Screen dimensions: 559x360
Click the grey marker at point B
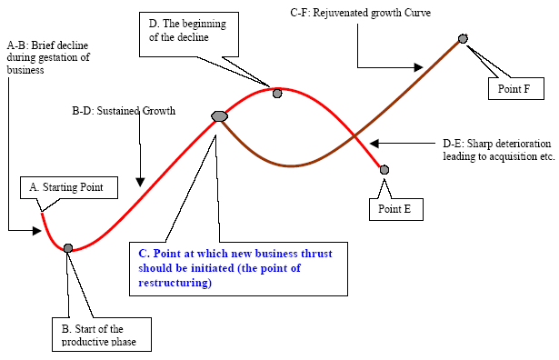click(x=68, y=248)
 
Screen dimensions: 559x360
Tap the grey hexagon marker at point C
click(x=219, y=116)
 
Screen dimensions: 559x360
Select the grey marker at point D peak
click(x=277, y=94)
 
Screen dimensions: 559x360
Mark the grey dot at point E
click(x=384, y=170)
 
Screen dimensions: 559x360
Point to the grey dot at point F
click(x=463, y=38)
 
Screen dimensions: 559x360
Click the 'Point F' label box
click(x=516, y=88)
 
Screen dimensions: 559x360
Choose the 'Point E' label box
click(x=396, y=209)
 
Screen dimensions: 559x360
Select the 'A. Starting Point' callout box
click(x=69, y=187)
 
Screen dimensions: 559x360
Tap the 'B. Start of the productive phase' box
click(x=102, y=335)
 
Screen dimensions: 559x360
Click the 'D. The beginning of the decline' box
click(x=188, y=35)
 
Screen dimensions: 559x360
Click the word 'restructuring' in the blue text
click(x=175, y=283)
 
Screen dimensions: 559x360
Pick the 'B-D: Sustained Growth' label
click(x=124, y=111)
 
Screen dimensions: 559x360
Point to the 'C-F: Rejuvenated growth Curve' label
click(x=361, y=13)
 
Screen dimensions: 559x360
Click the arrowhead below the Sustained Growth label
click(x=140, y=182)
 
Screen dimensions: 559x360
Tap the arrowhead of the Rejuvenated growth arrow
click(x=418, y=67)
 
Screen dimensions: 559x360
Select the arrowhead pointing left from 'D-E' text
click(x=374, y=144)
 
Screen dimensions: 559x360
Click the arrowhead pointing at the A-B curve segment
click(x=37, y=231)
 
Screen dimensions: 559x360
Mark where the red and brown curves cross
click(x=354, y=135)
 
